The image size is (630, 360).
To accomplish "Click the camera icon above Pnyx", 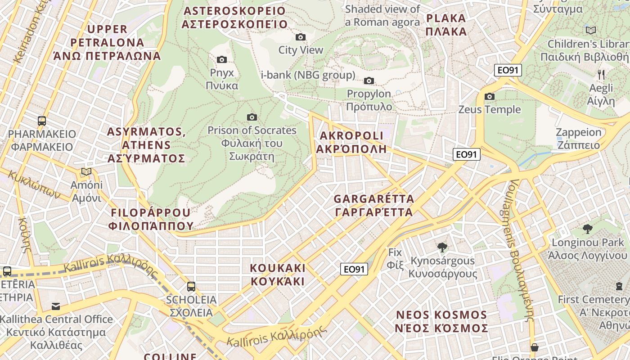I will pos(222,59).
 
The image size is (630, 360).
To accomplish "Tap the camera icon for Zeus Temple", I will pos(490,96).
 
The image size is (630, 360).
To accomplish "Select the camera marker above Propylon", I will pos(369,81).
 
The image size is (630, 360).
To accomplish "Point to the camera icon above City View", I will pos(301,37).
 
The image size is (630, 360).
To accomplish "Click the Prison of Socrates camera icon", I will pos(252,117).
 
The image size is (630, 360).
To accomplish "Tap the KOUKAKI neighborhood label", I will pos(278,275).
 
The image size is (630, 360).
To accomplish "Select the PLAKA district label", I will pos(446,25).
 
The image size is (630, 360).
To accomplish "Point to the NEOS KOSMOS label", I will pos(441,321).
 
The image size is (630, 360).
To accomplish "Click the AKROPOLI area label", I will pos(351,142).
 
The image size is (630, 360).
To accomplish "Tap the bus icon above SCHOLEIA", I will pos(191,286).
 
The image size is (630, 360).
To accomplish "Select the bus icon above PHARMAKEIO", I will pos(42,121).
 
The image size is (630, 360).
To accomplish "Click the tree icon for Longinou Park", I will pos(587,229).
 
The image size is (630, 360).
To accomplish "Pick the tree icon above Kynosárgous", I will pos(442,247).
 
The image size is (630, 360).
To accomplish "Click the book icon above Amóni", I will pos(86,171).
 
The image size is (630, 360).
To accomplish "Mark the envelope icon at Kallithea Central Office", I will pos(56,306).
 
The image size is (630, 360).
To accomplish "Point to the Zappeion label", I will pos(578,139).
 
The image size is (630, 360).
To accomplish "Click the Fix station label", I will pos(395,258).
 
